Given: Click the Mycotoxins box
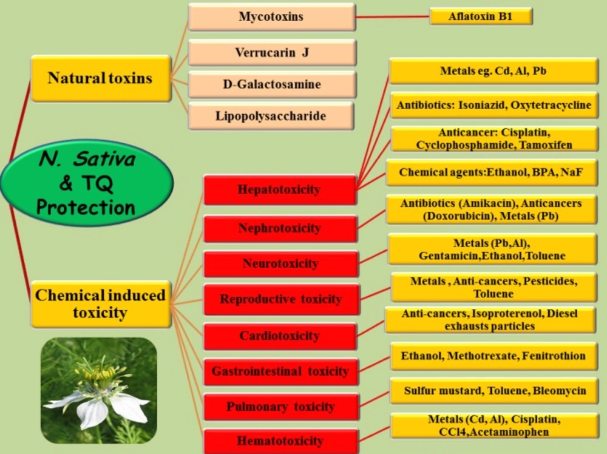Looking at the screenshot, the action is point(272,16).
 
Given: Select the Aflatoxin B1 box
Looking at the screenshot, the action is point(481,16).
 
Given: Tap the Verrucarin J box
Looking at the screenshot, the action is point(272,52).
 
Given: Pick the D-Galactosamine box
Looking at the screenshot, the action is point(272,84).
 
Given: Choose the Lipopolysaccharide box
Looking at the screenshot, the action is point(271,116).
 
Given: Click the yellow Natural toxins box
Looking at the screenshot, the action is point(101,78).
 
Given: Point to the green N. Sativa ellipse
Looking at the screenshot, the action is point(87,183).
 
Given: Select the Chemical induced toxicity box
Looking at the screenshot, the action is point(101,304).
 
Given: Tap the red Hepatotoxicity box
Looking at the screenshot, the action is point(279,189).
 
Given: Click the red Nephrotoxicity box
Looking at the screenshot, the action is point(280,228).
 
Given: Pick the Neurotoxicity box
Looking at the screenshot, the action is point(280,264).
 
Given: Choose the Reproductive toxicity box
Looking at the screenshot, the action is point(282,299).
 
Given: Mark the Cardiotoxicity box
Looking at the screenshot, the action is point(280,336).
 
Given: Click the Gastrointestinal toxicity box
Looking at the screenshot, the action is point(280,371).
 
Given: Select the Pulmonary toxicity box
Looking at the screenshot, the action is point(281,407).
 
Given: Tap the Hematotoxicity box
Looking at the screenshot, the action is point(280,441).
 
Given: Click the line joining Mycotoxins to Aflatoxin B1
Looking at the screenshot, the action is point(393,16).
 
